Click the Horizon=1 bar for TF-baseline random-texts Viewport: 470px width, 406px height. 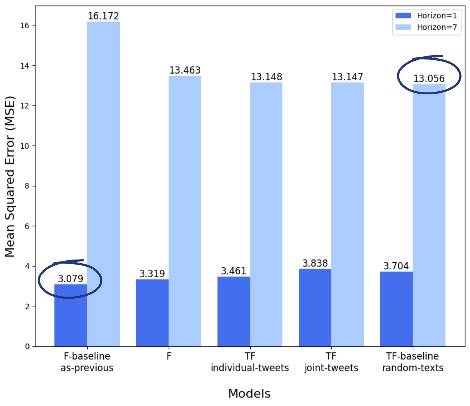coord(396,309)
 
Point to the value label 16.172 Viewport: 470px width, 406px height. coord(103,16)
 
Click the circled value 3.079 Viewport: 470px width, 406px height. coord(71,279)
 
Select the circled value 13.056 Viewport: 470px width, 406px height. coord(429,78)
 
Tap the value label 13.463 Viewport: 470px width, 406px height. coord(185,70)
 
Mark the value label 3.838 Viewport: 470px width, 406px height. coord(315,263)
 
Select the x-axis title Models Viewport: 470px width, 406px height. coord(249,394)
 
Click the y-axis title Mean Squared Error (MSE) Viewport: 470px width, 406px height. coord(10,176)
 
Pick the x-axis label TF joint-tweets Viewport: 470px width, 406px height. coord(331,362)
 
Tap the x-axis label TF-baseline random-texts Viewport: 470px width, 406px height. coord(413,362)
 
